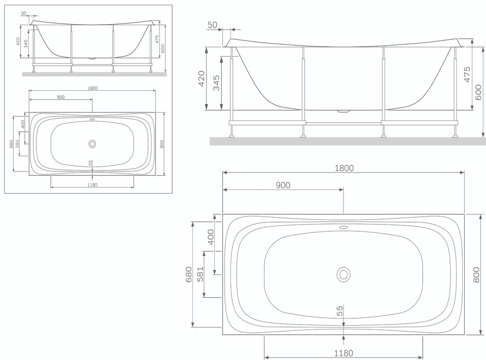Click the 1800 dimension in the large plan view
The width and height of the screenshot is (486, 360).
click(344, 168)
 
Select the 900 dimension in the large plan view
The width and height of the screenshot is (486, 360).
click(283, 185)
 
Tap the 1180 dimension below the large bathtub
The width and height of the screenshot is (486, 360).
click(344, 353)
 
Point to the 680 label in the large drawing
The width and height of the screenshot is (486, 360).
click(189, 274)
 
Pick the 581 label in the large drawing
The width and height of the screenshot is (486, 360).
click(200, 274)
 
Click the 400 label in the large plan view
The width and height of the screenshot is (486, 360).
click(210, 237)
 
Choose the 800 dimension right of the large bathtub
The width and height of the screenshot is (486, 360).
click(477, 275)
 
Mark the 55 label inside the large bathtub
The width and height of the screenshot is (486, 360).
click(340, 311)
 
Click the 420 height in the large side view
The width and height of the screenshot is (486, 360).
click(202, 79)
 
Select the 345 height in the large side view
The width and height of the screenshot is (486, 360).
click(216, 83)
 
